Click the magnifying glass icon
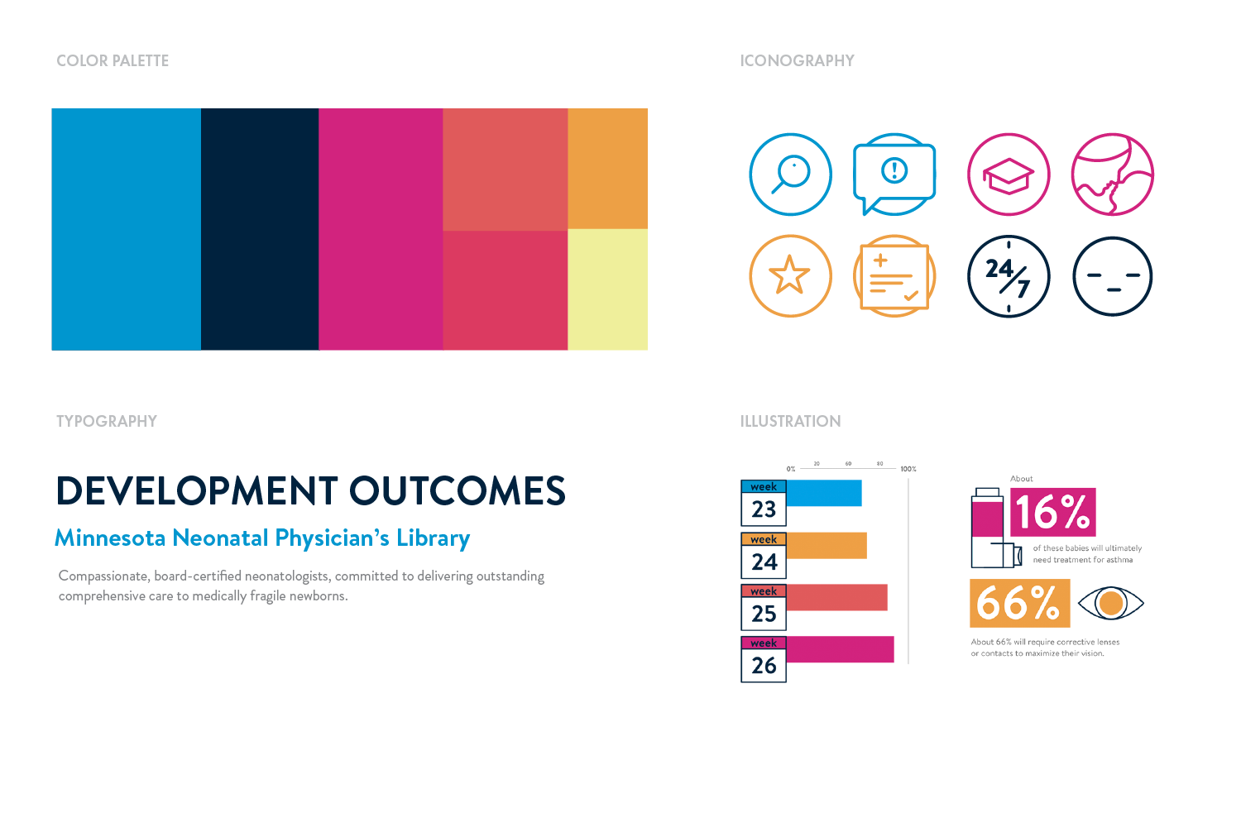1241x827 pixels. [790, 174]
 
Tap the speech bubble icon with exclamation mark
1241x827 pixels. [894, 174]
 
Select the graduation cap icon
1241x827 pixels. [1009, 174]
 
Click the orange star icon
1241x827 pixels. [790, 275]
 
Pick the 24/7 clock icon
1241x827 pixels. [1009, 276]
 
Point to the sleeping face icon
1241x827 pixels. [1113, 276]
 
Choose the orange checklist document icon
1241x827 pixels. [894, 276]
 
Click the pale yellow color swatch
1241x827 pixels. [607, 289]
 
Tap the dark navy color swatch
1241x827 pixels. [260, 229]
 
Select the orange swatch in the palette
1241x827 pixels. [607, 169]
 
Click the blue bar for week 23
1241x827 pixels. [823, 494]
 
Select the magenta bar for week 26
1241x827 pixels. [840, 649]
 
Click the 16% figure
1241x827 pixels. [1052, 513]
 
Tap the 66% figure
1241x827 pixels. [1019, 603]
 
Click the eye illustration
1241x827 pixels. [1111, 603]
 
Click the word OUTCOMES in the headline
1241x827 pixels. [458, 491]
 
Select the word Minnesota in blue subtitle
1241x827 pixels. [110, 538]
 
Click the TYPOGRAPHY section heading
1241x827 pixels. [107, 421]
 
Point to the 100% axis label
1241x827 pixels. [908, 469]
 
